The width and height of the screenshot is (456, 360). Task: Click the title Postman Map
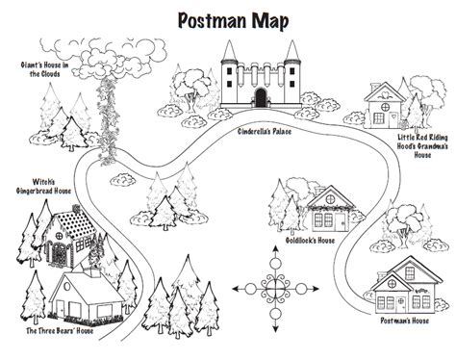pyautogui.click(x=233, y=21)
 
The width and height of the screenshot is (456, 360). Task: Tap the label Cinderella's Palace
pyautogui.click(x=265, y=131)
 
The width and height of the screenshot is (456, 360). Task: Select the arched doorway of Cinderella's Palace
pyautogui.click(x=261, y=97)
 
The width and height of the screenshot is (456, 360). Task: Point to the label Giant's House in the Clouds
pyautogui.click(x=44, y=69)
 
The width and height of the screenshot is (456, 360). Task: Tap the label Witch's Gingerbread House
pyautogui.click(x=43, y=186)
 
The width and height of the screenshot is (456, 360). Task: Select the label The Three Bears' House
pyautogui.click(x=60, y=331)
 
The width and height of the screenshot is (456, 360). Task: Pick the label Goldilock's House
pyautogui.click(x=310, y=241)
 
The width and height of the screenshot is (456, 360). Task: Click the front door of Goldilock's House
pyautogui.click(x=342, y=221)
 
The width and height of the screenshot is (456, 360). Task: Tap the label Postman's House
pyautogui.click(x=405, y=321)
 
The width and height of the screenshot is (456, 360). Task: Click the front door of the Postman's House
pyautogui.click(x=400, y=304)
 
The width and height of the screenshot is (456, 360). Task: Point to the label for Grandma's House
pyautogui.click(x=422, y=146)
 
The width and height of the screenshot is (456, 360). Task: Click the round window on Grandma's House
pyautogui.click(x=385, y=107)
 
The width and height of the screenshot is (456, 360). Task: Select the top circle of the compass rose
pyautogui.click(x=275, y=264)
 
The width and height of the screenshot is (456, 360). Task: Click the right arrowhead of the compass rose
pyautogui.click(x=316, y=289)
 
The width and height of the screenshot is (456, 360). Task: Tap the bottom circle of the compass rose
pyautogui.click(x=275, y=314)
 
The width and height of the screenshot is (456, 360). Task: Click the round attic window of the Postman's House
pyautogui.click(x=392, y=283)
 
